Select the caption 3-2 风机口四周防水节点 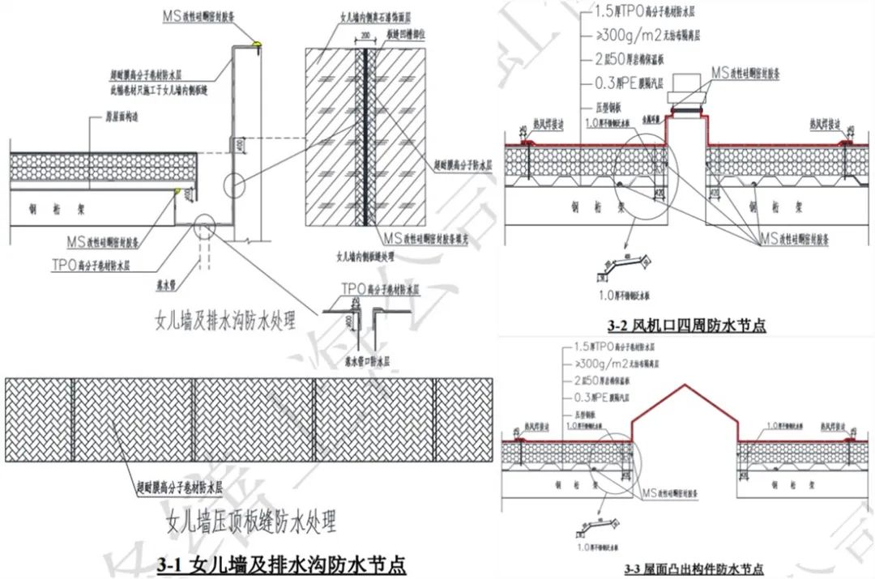686,326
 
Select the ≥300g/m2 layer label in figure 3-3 628,363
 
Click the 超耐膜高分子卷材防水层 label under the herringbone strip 179,489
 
